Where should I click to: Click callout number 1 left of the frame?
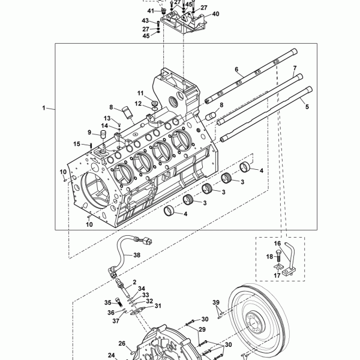tap(44, 107)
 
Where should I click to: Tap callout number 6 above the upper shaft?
tap(236, 70)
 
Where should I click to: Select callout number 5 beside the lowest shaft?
tap(307, 107)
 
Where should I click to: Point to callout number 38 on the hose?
tap(137, 255)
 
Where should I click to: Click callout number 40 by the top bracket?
tap(215, 14)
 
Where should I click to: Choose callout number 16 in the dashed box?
tap(277, 244)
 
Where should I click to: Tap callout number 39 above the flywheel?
tap(216, 302)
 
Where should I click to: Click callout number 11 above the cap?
tap(140, 93)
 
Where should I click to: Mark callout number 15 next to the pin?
tap(77, 144)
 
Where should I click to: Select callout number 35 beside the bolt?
tap(108, 302)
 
